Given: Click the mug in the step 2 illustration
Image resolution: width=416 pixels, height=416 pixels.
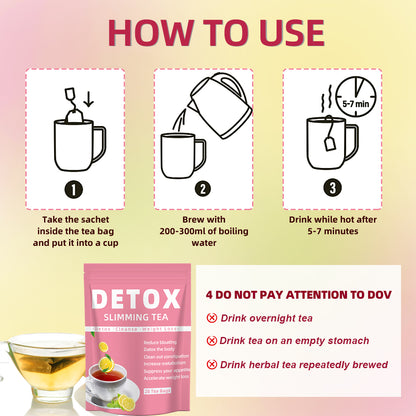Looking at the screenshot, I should coord(183,156).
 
